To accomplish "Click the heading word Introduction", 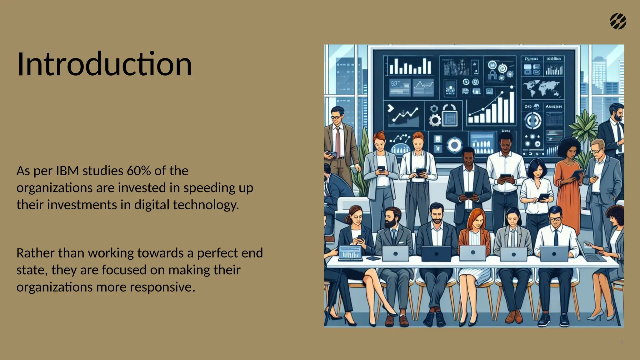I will point(104,64).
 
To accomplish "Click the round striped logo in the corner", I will point(618,22).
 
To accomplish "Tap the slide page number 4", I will point(622,342).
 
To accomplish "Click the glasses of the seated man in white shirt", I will point(555,219).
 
